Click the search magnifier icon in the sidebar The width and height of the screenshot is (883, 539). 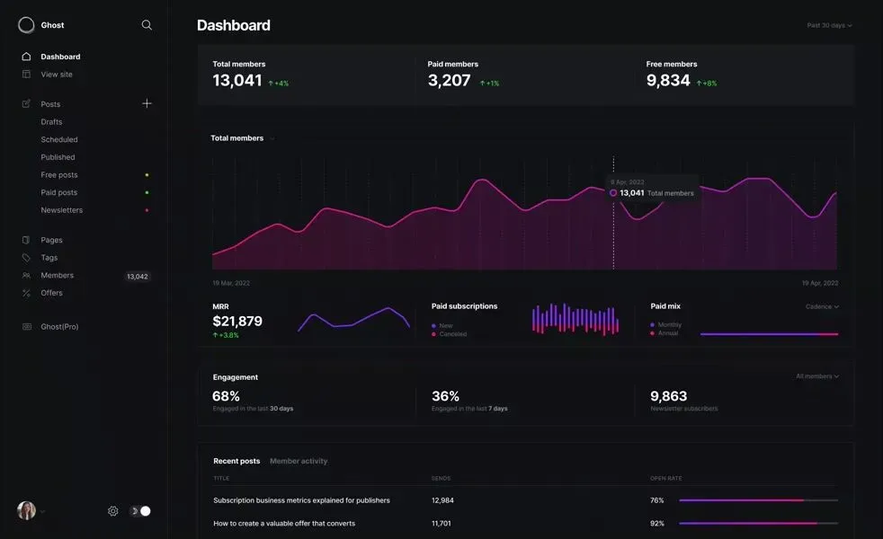147,25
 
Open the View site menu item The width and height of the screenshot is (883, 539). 57,75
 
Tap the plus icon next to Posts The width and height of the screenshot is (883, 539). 147,103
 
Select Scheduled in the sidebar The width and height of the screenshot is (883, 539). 59,139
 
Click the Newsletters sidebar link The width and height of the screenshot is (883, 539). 61,210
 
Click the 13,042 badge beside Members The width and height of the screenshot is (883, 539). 137,277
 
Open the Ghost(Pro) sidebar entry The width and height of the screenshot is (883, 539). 59,327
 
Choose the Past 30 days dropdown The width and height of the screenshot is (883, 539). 829,25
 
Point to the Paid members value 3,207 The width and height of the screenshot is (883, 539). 449,81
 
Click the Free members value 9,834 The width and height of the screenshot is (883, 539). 668,81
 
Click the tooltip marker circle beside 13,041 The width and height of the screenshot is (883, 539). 613,193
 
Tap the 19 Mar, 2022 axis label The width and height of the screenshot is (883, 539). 231,283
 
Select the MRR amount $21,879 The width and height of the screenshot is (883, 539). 237,322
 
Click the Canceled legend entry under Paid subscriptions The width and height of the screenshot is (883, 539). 452,334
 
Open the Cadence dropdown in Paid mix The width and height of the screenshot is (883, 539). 822,306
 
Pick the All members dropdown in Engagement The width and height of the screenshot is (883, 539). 817,376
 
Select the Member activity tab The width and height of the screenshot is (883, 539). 299,461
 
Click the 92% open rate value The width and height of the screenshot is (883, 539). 657,523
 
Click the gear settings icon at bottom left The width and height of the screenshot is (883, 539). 113,511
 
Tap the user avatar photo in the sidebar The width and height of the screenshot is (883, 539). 26,510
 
